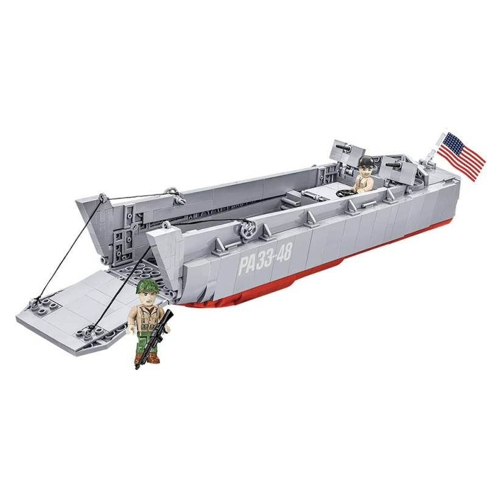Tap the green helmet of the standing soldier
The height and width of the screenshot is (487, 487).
147,286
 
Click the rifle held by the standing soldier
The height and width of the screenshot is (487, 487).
155,338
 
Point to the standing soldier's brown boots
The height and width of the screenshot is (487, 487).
147,357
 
